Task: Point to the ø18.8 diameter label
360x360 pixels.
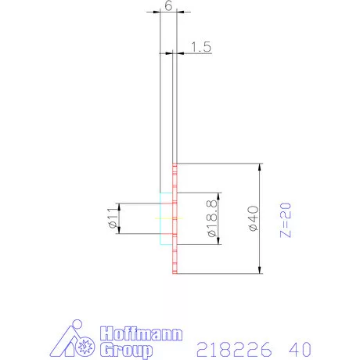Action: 211,218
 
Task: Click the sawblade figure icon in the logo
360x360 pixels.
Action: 78,338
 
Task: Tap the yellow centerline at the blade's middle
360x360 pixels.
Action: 165,218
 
